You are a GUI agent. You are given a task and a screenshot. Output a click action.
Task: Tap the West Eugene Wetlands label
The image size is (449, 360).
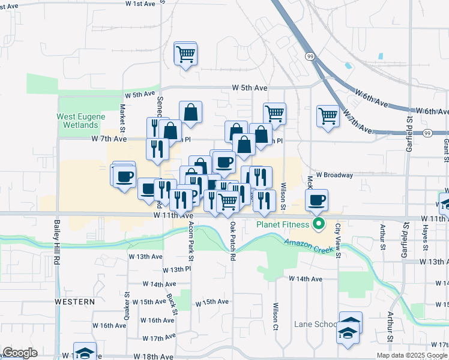point(81,121)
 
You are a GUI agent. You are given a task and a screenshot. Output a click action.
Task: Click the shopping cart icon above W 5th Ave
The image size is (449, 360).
point(186,54)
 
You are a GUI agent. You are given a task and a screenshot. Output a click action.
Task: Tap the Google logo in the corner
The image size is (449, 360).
point(20,353)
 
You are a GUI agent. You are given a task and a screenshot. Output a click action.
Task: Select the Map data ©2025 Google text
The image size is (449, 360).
point(412,355)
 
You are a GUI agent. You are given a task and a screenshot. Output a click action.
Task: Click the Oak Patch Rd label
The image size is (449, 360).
point(232,241)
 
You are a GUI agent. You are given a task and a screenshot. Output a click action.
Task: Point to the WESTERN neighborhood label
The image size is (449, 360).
point(74,301)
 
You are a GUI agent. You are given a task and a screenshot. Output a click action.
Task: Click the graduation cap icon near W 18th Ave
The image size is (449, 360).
point(85,352)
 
